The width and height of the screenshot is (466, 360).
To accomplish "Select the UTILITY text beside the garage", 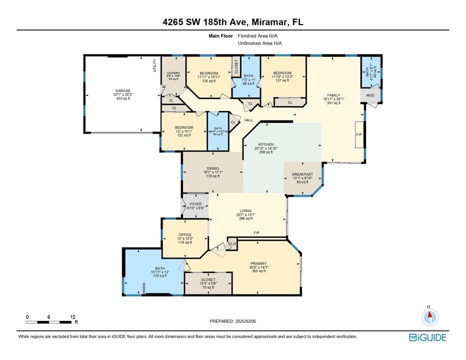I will pos(154,66).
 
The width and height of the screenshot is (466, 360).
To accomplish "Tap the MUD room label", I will pos(370,95).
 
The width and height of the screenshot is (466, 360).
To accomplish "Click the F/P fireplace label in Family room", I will pos(358,135).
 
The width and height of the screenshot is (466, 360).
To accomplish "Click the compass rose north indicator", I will pos(429,315).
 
